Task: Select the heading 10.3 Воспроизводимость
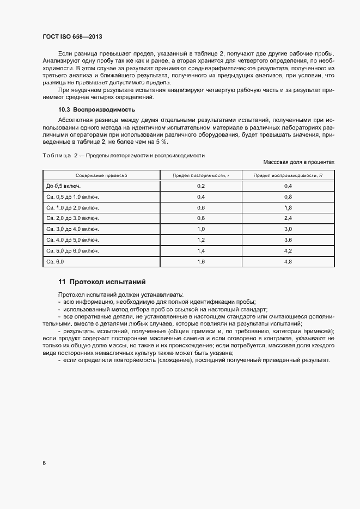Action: tap(96, 109)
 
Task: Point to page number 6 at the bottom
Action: tap(44, 463)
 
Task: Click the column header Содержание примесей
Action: tap(101, 176)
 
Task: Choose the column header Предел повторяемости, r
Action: tap(200, 176)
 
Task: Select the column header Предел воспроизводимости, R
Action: tap(288, 176)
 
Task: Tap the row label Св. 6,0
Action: tap(55, 262)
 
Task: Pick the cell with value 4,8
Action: tap(288, 262)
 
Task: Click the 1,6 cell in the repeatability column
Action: tap(200, 262)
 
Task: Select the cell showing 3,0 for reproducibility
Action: tap(288, 229)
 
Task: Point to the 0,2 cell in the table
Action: tap(200, 186)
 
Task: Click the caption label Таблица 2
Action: tap(60, 156)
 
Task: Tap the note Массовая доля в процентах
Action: tap(298, 162)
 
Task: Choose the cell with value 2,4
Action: tap(288, 218)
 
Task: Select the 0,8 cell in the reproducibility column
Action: tap(288, 197)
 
